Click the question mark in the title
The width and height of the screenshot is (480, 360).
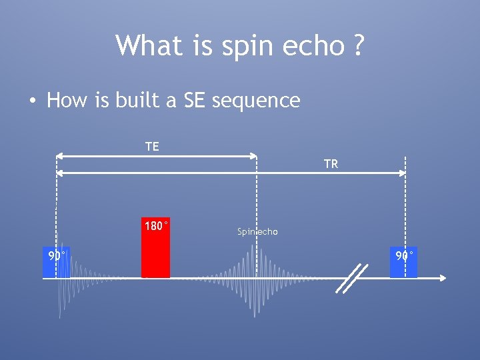tap(358, 46)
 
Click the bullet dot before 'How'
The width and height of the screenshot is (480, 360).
tap(31, 101)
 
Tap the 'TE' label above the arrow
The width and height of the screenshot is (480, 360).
tap(152, 147)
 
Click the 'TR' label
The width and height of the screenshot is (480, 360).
tap(331, 164)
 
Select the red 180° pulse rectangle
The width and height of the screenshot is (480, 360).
tap(155, 253)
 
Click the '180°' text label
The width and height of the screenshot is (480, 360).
tap(156, 226)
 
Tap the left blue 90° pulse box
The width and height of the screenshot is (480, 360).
tap(56, 261)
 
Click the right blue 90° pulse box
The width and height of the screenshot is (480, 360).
tap(404, 261)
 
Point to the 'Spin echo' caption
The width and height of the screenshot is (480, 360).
tap(257, 232)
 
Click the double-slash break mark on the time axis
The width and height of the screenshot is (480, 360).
tap(351, 278)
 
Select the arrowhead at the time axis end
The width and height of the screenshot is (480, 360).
tap(442, 277)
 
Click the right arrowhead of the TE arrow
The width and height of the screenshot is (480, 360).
tap(253, 156)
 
